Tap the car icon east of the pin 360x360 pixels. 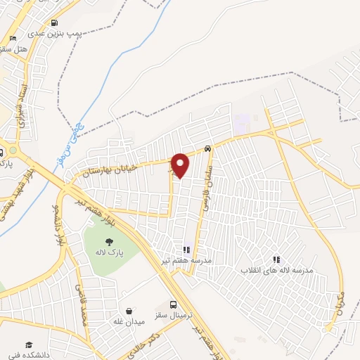coord(208,148)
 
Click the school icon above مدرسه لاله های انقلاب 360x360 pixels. coord(276,259)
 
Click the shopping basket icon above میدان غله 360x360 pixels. coord(129,310)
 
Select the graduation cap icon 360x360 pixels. coord(30,345)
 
